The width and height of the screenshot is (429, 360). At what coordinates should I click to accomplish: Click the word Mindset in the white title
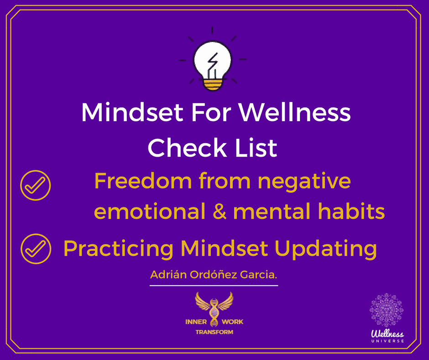[132, 112]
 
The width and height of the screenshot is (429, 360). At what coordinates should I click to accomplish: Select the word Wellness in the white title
[295, 112]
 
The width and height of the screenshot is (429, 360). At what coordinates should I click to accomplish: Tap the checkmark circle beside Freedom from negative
[36, 185]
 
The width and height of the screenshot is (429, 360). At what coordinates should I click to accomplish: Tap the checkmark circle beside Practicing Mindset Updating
[36, 249]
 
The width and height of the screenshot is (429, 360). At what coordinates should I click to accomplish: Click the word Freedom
[143, 181]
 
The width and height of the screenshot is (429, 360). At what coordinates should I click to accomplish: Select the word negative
[304, 181]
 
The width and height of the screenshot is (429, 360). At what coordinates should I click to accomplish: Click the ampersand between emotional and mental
[219, 211]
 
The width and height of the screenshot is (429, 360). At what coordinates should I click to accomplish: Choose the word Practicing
[118, 249]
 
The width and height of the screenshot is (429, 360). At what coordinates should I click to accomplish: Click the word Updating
[325, 249]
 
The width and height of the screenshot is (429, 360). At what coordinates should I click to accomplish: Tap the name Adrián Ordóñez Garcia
[214, 275]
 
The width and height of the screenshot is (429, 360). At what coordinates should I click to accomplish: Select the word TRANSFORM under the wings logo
[214, 332]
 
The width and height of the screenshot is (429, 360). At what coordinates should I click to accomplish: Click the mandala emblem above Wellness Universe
[386, 310]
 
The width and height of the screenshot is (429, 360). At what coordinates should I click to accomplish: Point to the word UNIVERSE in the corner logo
[387, 341]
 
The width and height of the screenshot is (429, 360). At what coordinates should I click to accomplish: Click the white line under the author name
[214, 286]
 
